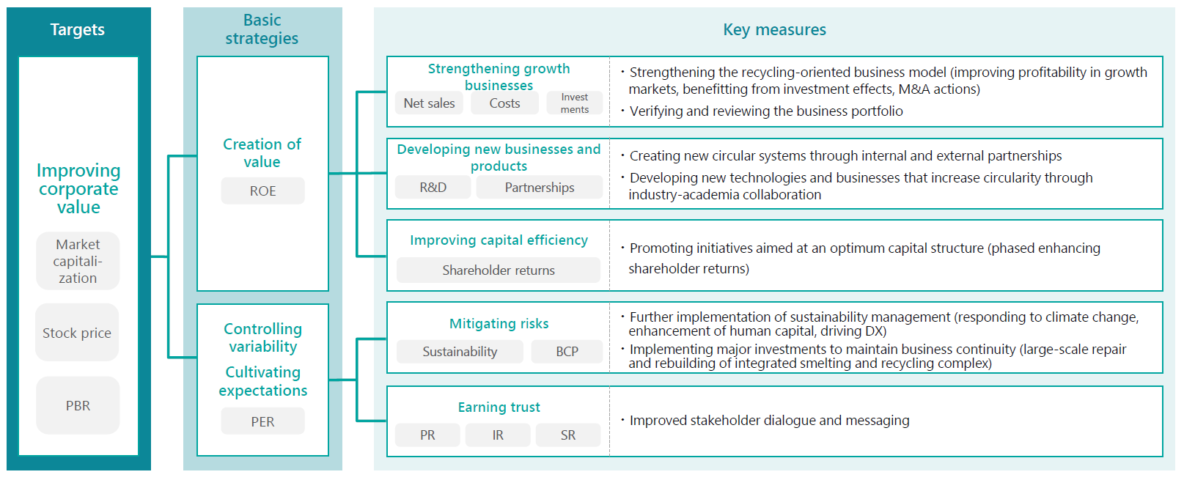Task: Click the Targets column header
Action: pyautogui.click(x=78, y=29)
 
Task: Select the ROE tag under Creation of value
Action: pyautogui.click(x=262, y=191)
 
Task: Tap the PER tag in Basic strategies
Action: pyautogui.click(x=262, y=421)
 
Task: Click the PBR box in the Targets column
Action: pyautogui.click(x=78, y=405)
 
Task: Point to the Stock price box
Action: pyautogui.click(x=77, y=333)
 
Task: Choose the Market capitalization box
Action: pyautogui.click(x=78, y=261)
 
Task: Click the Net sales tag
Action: pyautogui.click(x=429, y=103)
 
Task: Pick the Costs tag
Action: pyautogui.click(x=505, y=103)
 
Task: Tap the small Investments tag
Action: pyautogui.click(x=575, y=103)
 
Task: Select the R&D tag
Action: pyautogui.click(x=433, y=187)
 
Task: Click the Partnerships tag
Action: pyautogui.click(x=540, y=187)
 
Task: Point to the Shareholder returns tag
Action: pyautogui.click(x=499, y=270)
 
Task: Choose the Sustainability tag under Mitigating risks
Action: pyautogui.click(x=460, y=352)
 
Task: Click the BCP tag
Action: pyautogui.click(x=567, y=352)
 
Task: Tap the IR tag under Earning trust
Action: pyautogui.click(x=498, y=435)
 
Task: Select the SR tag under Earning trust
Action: pyautogui.click(x=568, y=435)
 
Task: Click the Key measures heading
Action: pyautogui.click(x=774, y=29)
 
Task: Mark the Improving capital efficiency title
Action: pyautogui.click(x=499, y=240)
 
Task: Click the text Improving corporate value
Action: pyautogui.click(x=78, y=189)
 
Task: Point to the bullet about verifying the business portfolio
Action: pyautogui.click(x=762, y=111)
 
